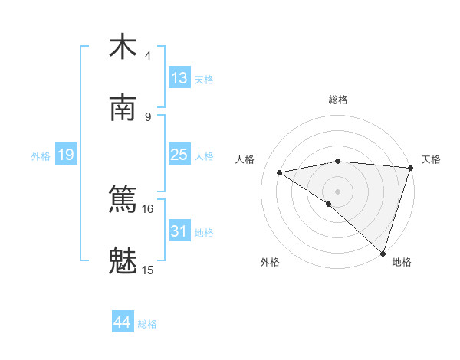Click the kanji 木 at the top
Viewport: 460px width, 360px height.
(x=123, y=46)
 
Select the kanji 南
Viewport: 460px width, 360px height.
(x=123, y=107)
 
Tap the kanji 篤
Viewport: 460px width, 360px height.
(x=123, y=199)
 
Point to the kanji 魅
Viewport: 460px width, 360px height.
(x=123, y=260)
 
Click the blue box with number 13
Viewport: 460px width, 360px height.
(x=179, y=78)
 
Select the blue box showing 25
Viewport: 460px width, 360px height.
(x=179, y=155)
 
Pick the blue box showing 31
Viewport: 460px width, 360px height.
(x=179, y=231)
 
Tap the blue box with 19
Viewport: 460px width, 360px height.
(x=66, y=155)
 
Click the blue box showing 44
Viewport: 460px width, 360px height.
(x=122, y=322)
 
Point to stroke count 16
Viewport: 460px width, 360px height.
(x=147, y=208)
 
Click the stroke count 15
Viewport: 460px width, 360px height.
(x=147, y=270)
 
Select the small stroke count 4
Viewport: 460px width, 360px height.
(x=147, y=56)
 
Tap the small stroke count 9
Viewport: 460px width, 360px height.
(x=147, y=116)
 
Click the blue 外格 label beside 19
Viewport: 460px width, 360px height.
(x=41, y=156)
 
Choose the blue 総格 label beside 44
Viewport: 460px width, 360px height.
(x=147, y=324)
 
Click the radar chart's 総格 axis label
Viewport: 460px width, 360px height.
(x=337, y=100)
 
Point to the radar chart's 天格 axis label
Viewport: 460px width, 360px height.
(x=431, y=159)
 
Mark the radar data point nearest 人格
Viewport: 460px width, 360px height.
(x=280, y=172)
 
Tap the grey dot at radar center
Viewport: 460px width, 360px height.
(x=337, y=190)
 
